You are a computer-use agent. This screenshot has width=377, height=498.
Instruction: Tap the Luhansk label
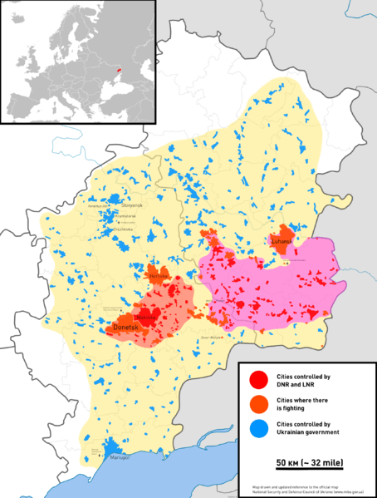pos(282,241)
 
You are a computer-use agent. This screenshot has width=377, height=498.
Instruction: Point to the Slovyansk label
pos(133,205)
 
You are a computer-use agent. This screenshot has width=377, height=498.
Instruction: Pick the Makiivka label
pos(147,317)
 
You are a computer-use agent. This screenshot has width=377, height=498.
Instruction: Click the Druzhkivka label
pos(124,230)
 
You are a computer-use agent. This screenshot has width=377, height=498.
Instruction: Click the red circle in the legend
pos(258,381)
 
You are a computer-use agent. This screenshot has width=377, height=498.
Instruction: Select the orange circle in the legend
pos(258,404)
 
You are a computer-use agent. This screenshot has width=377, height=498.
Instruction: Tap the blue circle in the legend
pos(258,428)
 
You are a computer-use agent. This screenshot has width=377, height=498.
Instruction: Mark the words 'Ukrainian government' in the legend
pos(309,433)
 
